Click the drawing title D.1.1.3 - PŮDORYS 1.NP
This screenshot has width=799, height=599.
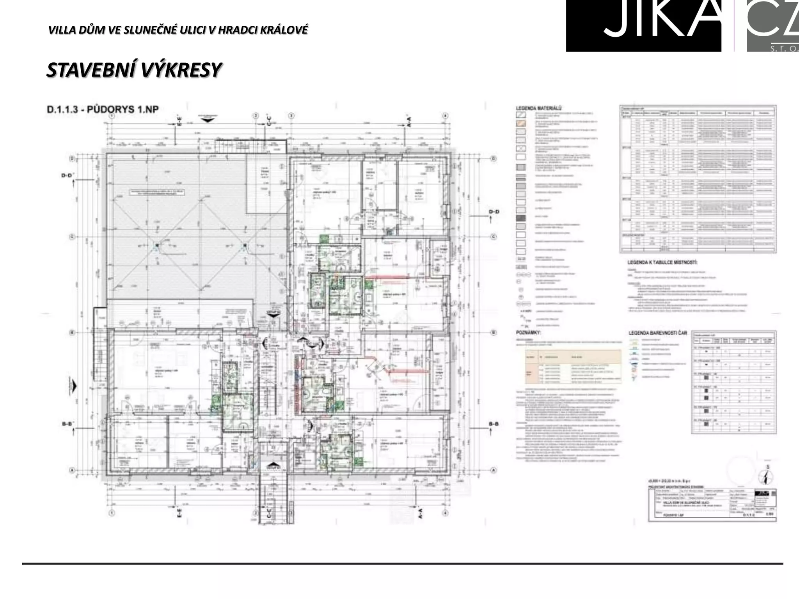click(x=103, y=110)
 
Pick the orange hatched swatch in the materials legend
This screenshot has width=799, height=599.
click(x=521, y=123)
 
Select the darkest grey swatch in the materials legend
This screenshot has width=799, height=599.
click(x=521, y=218)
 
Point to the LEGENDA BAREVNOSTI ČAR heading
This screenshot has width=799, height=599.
click(x=658, y=333)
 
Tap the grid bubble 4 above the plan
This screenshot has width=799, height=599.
click(x=445, y=116)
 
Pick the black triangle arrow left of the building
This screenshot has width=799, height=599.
click(x=74, y=386)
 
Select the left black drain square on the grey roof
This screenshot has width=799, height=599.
click(x=156, y=245)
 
